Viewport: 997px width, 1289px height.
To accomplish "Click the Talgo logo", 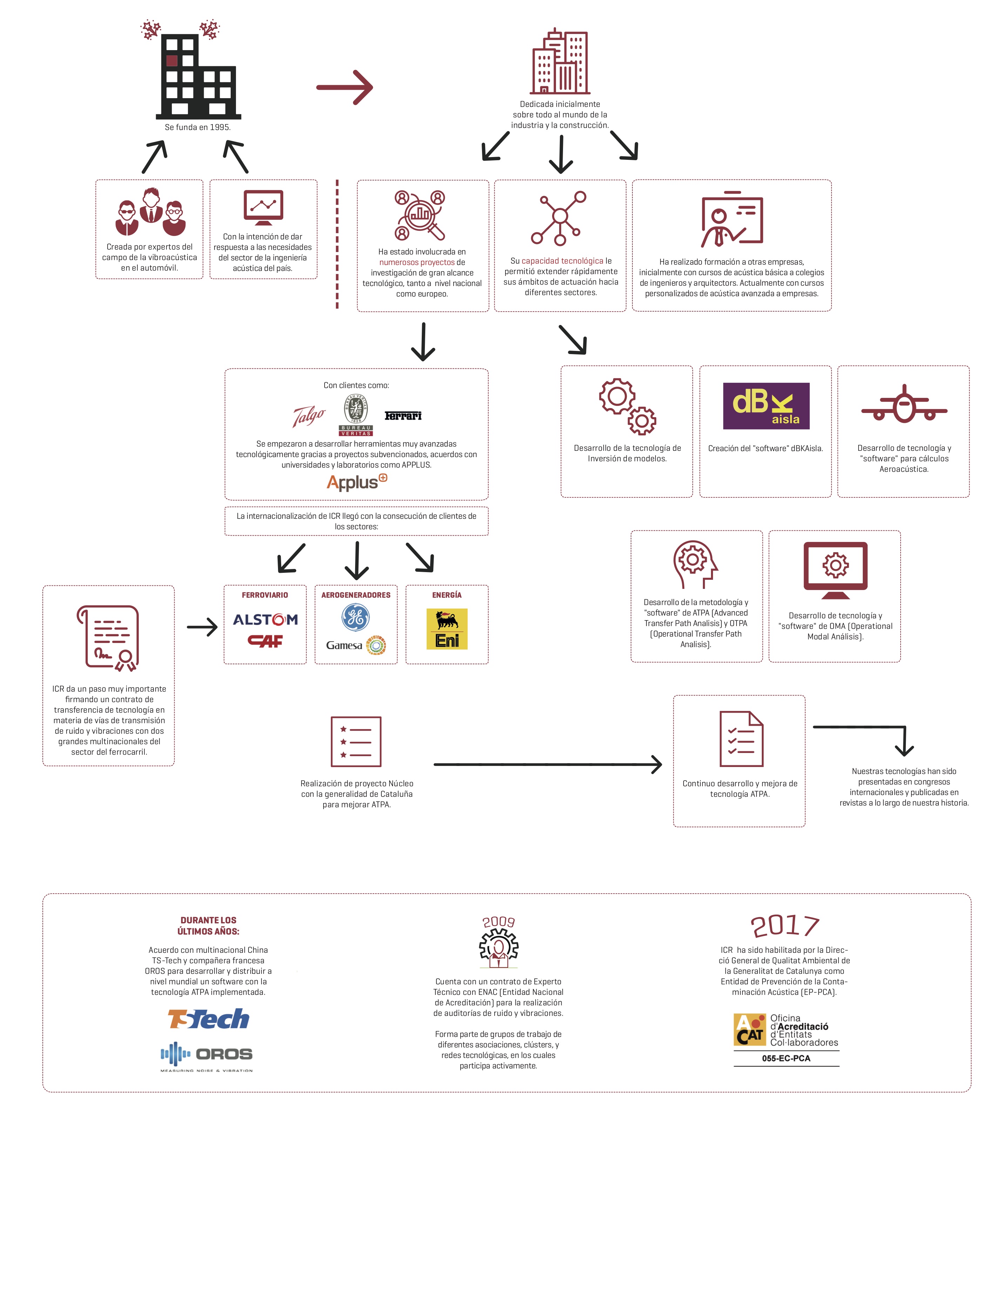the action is click(x=309, y=416).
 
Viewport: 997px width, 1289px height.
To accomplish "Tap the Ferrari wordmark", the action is click(x=403, y=416).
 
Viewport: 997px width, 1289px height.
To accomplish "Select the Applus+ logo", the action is click(x=357, y=482).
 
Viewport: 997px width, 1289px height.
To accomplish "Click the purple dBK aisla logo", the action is click(x=766, y=406).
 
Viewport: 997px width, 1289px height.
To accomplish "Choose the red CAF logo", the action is click(x=265, y=641).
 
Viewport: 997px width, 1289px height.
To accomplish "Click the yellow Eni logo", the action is click(x=447, y=629).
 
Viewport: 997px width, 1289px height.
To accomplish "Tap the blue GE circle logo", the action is click(x=355, y=617).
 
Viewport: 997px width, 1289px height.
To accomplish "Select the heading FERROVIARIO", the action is click(x=265, y=595).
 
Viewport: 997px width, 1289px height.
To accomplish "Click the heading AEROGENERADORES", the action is click(x=356, y=595).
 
